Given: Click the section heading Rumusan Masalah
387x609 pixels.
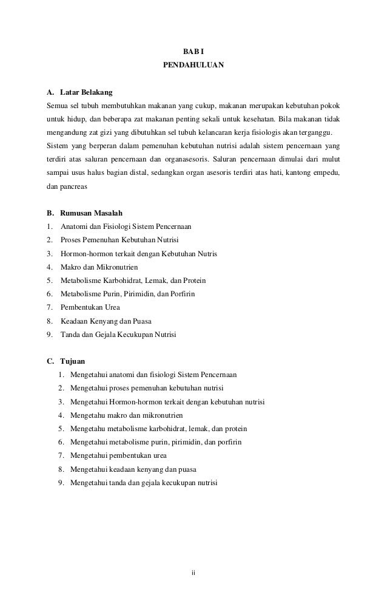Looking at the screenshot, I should tap(91, 213).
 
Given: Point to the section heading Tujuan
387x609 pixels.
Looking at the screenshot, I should tap(72, 361).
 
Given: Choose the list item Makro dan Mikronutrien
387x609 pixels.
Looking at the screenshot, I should tap(99, 267).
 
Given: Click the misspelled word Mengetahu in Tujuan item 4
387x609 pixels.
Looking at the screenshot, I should tap(87, 415).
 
